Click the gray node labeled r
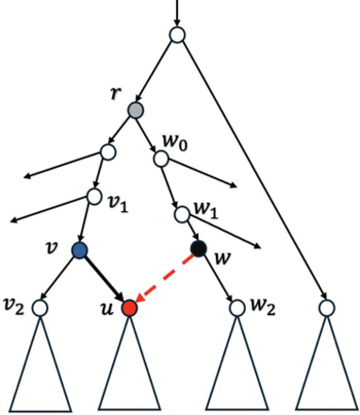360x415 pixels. [136, 110]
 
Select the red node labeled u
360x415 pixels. [130, 307]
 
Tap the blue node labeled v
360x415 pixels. [79, 250]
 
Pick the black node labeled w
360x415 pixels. [199, 250]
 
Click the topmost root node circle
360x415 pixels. [176, 36]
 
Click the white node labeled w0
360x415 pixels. [161, 158]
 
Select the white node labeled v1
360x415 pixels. [94, 197]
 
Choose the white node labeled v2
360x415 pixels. [40, 307]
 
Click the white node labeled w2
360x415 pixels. [235, 307]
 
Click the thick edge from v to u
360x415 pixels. [105, 279]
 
